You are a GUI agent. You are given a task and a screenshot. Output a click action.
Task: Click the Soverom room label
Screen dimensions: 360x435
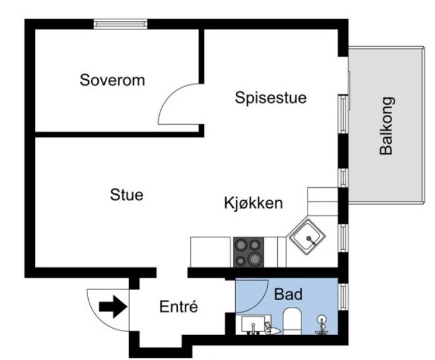pos(112,80)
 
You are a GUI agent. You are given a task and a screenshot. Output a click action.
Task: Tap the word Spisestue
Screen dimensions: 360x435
pos(271,98)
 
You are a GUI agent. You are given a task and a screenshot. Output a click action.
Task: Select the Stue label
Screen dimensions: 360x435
pos(127,195)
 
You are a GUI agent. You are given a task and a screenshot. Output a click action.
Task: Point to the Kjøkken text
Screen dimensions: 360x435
pos(254,203)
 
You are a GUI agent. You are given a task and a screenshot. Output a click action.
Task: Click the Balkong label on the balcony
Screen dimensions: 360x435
pos(387,125)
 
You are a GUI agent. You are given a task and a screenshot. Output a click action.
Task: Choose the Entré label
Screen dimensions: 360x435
pos(178,307)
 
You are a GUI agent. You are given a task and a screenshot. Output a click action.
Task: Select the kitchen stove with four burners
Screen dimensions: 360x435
pos(248,252)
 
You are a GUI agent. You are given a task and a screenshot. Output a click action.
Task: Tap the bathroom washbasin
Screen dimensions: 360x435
pos(253,325)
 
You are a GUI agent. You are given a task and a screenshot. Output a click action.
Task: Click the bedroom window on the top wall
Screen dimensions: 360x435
pos(120,24)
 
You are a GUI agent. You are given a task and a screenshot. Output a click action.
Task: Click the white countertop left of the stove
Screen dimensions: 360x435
pos(210,252)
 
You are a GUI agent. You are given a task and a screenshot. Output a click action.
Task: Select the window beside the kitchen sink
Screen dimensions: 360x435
pos(342,236)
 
